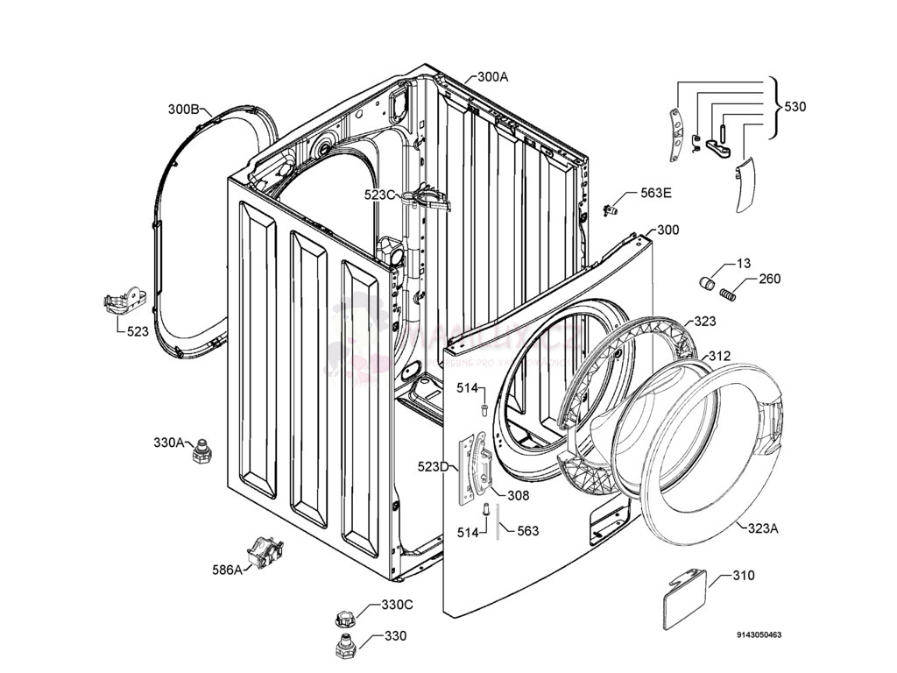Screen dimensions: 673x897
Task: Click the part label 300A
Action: (x=492, y=77)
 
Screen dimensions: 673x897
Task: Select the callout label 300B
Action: (x=185, y=110)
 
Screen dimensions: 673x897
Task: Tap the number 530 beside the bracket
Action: (x=795, y=107)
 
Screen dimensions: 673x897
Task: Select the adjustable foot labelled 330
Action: (x=344, y=647)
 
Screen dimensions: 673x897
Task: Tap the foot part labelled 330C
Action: (x=344, y=618)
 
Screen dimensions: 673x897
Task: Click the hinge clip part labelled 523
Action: (x=122, y=303)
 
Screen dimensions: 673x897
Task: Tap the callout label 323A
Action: (x=762, y=528)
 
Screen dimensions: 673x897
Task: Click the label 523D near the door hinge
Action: (x=433, y=467)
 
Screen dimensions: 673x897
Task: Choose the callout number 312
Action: (x=719, y=357)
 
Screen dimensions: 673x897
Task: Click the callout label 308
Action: (x=519, y=495)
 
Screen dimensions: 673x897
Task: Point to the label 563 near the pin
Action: (x=527, y=531)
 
